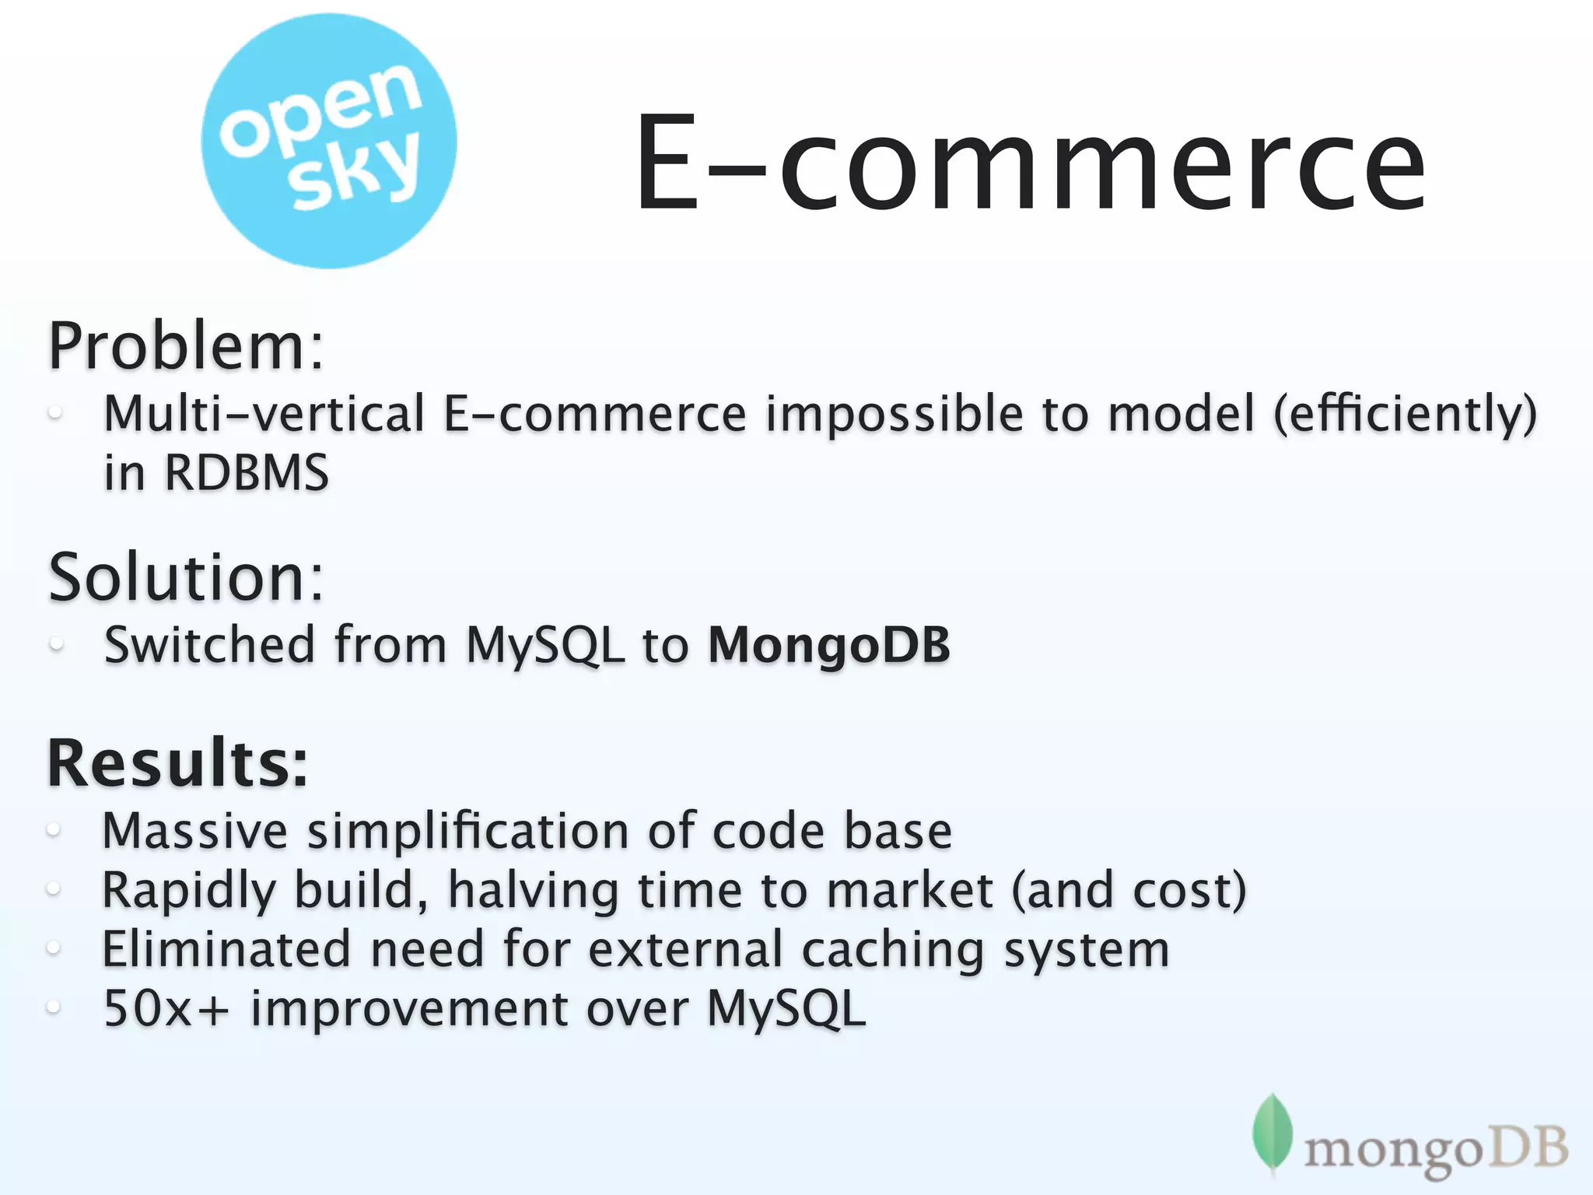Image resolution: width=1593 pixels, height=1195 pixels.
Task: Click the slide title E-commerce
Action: (x=1030, y=163)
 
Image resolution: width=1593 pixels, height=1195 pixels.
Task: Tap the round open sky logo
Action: (x=329, y=142)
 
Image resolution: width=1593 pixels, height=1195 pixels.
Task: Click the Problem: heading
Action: (x=185, y=346)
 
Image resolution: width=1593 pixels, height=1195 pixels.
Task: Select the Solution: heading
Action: (x=185, y=577)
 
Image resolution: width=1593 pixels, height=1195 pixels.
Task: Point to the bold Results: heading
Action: (x=177, y=763)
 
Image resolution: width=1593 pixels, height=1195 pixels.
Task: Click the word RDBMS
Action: (x=247, y=472)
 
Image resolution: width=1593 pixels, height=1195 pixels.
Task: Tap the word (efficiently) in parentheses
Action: (x=1405, y=415)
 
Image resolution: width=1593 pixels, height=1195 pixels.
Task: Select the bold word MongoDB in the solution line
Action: (x=828, y=646)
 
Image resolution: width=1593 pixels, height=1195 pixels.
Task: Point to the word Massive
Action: (x=194, y=831)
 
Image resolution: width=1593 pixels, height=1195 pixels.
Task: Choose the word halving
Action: (x=533, y=891)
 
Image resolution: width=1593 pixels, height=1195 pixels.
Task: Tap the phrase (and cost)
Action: (x=1129, y=891)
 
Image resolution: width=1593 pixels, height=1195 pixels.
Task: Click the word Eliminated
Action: (x=226, y=950)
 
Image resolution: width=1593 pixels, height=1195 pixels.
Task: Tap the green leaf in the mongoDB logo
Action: (x=1272, y=1132)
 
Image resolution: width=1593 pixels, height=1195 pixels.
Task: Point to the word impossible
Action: (x=895, y=415)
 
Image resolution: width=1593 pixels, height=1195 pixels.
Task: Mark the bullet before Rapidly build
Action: (x=53, y=889)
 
